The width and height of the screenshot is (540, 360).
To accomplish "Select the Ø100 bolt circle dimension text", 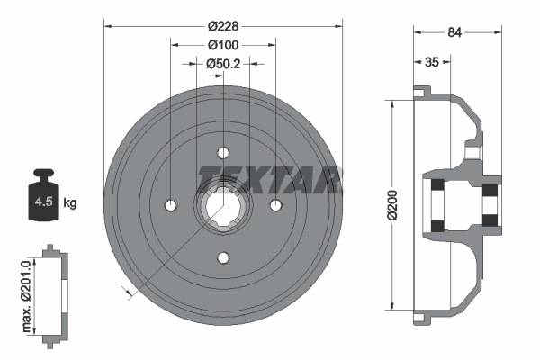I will (x=222, y=45).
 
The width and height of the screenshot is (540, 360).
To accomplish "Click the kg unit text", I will (x=70, y=203).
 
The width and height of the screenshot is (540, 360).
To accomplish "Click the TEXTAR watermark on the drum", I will (x=269, y=178).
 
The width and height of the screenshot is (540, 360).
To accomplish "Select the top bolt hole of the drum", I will (x=222, y=155).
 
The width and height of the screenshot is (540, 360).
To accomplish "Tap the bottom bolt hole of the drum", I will (x=222, y=258).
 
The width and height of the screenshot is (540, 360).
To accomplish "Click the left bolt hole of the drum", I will (x=171, y=206).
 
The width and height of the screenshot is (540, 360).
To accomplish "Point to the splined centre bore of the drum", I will (x=222, y=206).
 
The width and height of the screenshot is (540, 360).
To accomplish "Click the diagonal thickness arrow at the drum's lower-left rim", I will (x=127, y=289).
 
